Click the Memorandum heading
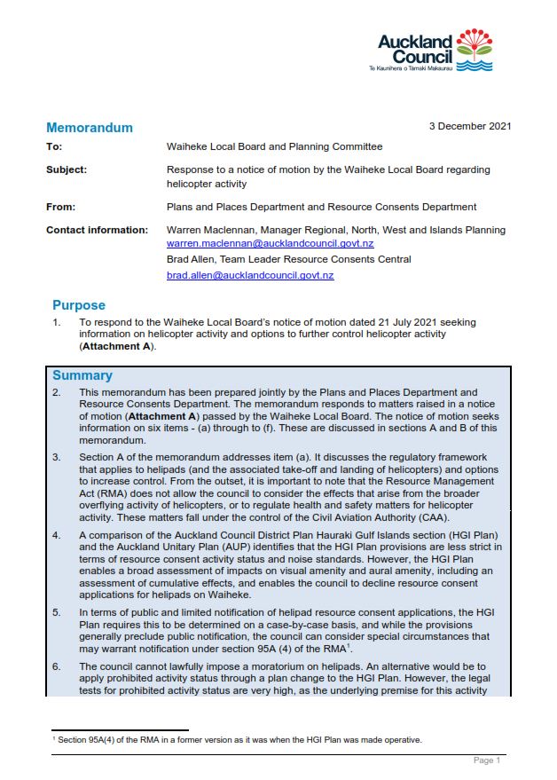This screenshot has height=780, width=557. pyautogui.click(x=90, y=128)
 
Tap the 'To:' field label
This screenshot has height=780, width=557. pyautogui.click(x=54, y=147)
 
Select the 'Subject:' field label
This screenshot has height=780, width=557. pyautogui.click(x=67, y=169)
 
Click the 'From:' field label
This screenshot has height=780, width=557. pyautogui.click(x=59, y=207)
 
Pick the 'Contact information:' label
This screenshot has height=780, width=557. pyautogui.click(x=97, y=230)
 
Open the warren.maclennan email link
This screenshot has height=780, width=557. pyautogui.click(x=270, y=243)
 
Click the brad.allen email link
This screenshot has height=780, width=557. pyautogui.click(x=250, y=276)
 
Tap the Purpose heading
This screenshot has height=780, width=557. pyautogui.click(x=79, y=305)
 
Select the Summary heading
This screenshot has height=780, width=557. pyautogui.click(x=82, y=375)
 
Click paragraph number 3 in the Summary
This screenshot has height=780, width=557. pyautogui.click(x=57, y=457)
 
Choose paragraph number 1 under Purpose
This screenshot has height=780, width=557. pyautogui.click(x=57, y=322)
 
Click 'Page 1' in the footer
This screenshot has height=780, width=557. pyautogui.click(x=487, y=760)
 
